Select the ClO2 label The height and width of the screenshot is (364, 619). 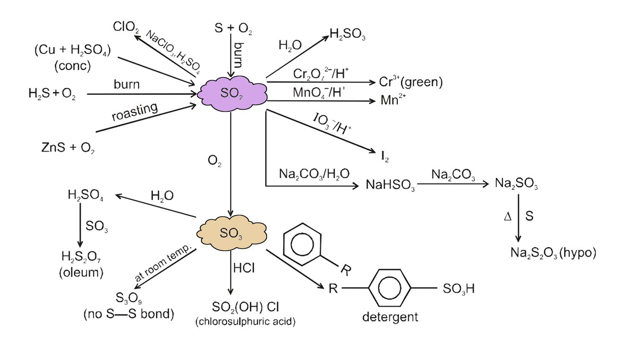[126, 27]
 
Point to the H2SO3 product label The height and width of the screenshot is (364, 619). [348, 35]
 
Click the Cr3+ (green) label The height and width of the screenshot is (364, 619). [411, 82]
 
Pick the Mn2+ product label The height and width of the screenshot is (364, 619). [394, 101]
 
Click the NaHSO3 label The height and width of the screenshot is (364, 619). [391, 185]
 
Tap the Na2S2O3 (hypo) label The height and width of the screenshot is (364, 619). [552, 253]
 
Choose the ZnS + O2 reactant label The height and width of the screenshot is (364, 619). [69, 148]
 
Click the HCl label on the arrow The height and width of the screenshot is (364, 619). [244, 268]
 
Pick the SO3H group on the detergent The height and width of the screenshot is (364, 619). [457, 288]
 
